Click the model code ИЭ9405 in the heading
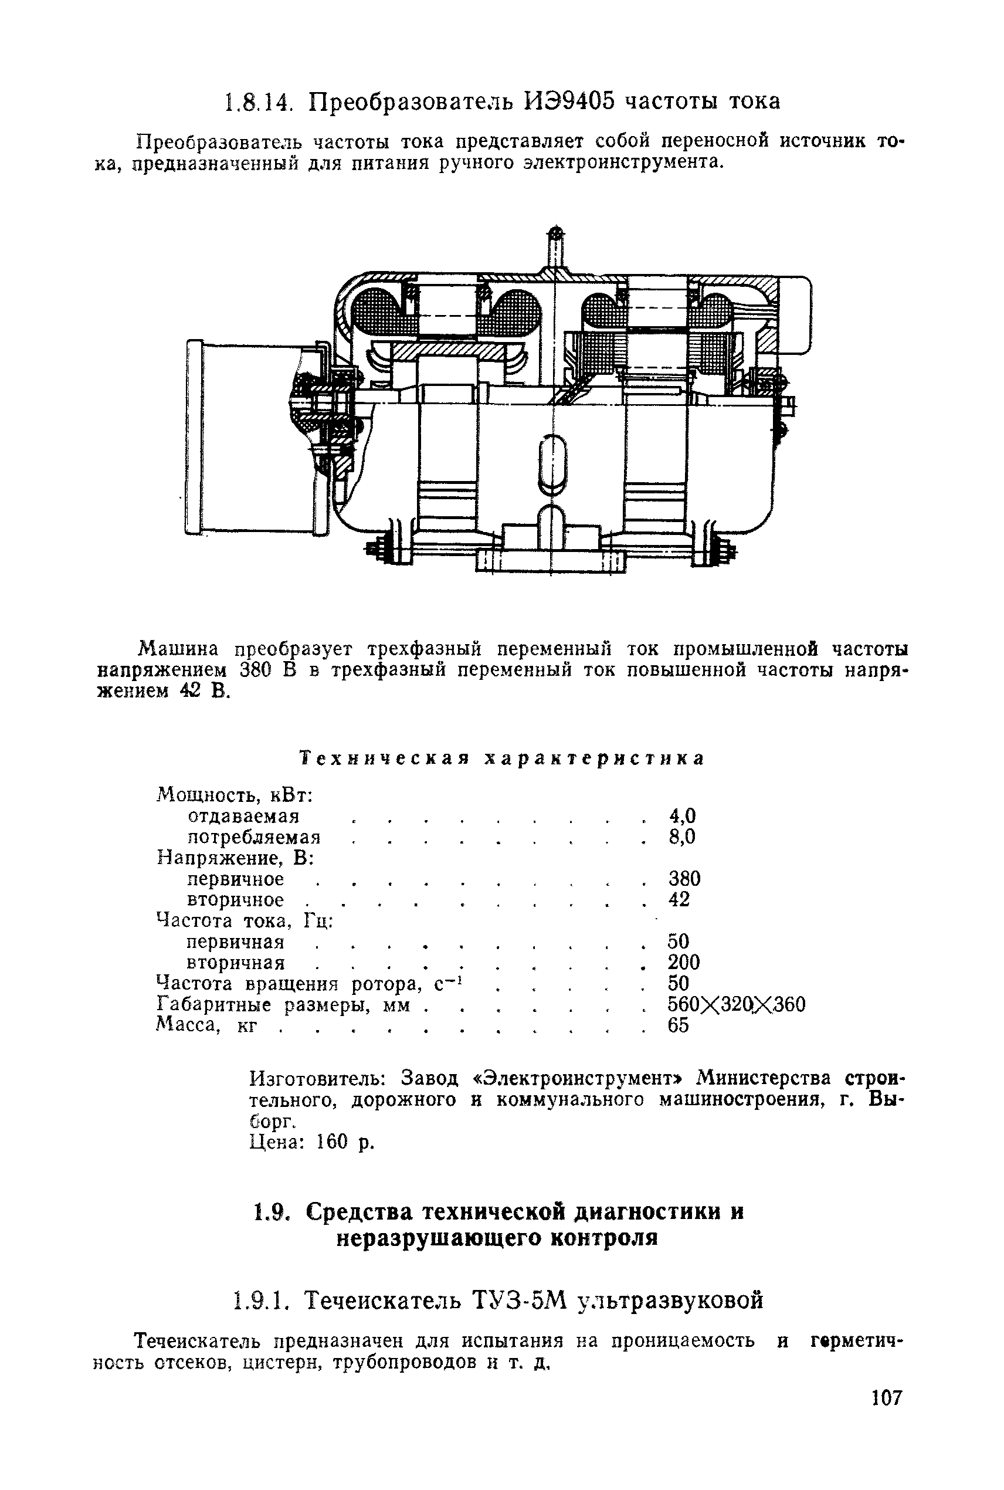(567, 101)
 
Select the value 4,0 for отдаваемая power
(681, 816)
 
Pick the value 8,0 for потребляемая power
(681, 837)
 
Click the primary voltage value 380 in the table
(684, 879)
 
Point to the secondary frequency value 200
(684, 963)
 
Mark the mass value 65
(678, 1025)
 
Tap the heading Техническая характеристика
(502, 758)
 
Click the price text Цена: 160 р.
(311, 1142)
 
